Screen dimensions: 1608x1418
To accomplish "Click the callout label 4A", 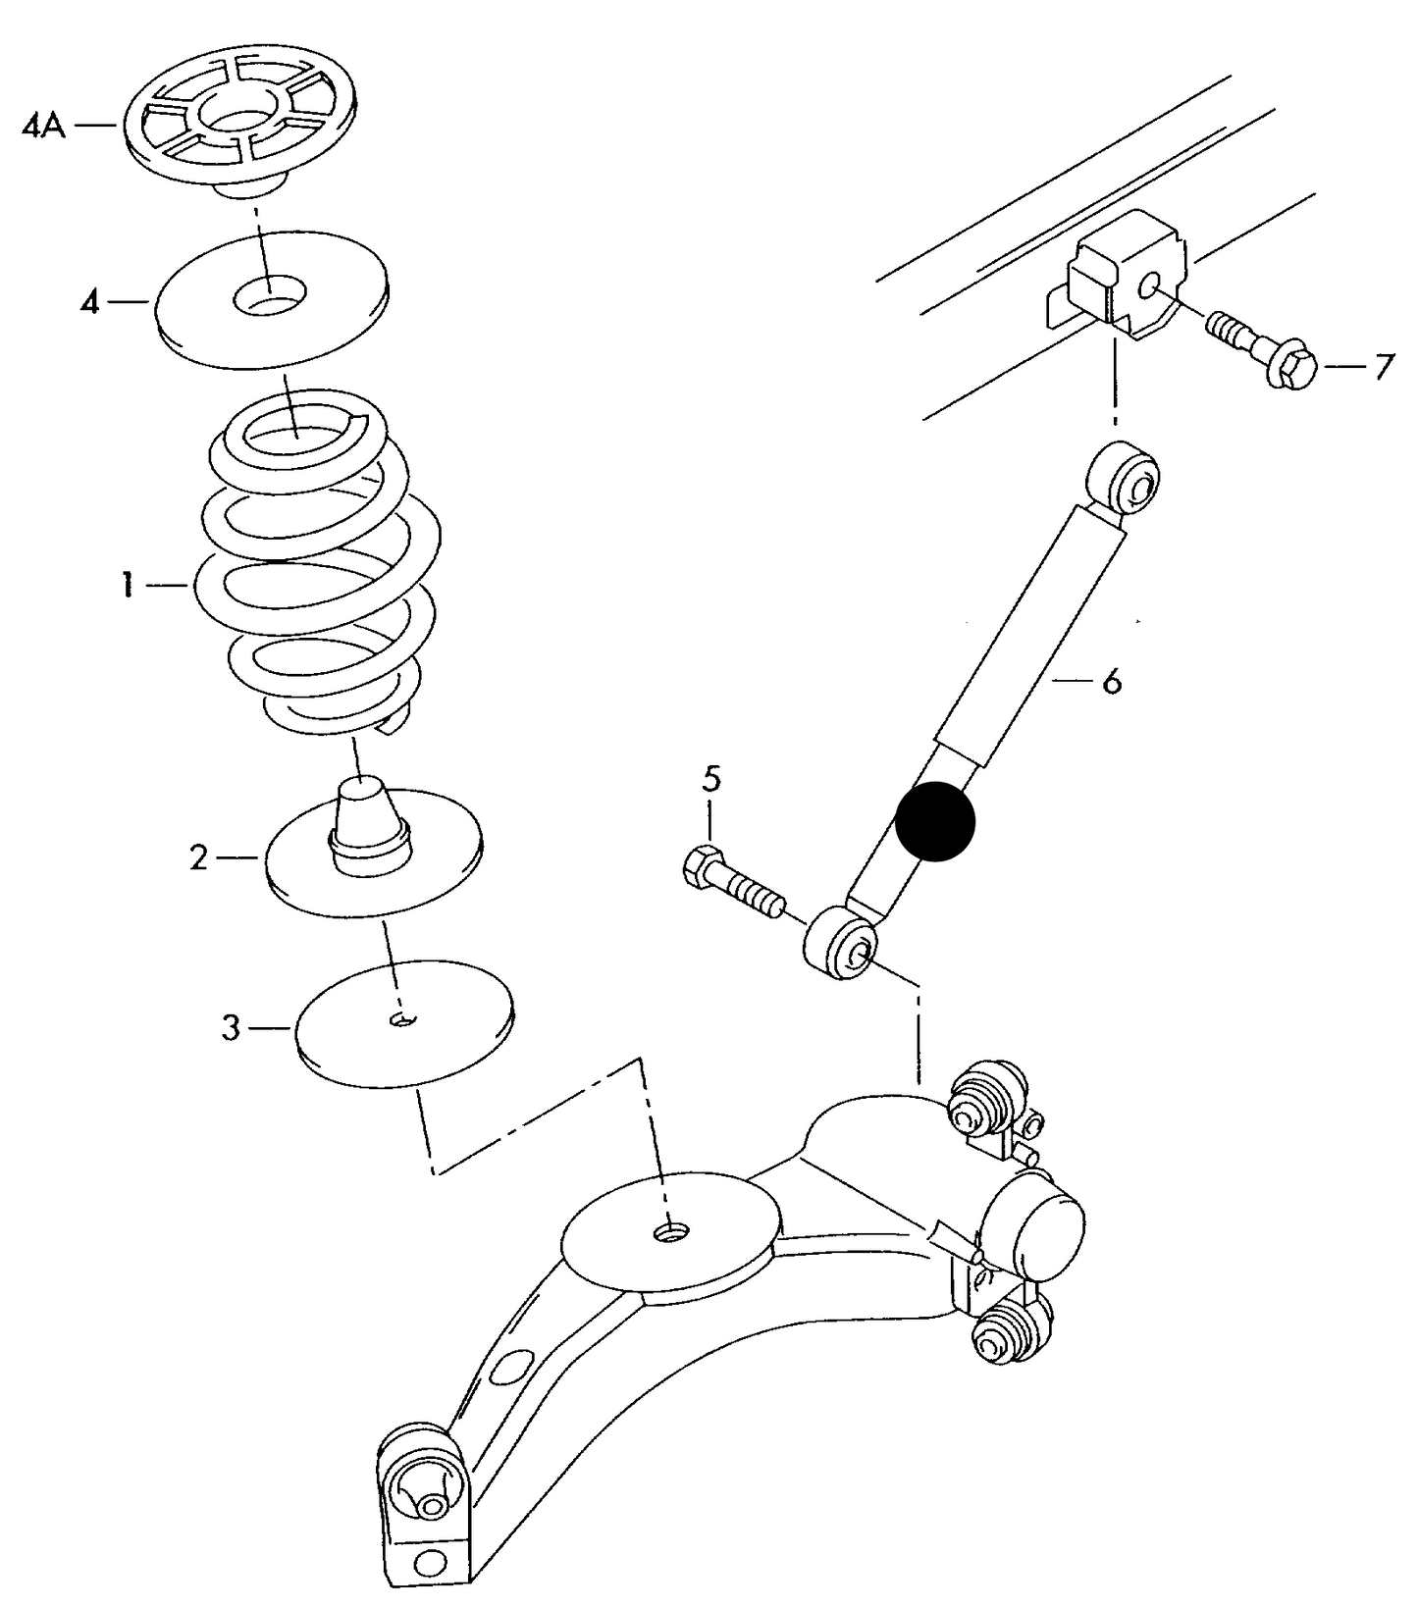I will click(43, 127).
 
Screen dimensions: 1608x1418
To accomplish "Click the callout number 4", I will click(89, 302).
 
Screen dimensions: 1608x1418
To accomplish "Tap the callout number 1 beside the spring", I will click(127, 587).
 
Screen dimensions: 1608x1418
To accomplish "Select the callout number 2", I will click(199, 859).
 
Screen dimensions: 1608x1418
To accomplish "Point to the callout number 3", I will click(230, 1029).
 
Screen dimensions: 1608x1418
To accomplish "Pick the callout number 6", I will click(1111, 680).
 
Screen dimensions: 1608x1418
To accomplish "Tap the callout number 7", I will click(1383, 368).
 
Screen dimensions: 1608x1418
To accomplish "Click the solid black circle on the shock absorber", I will click(935, 822).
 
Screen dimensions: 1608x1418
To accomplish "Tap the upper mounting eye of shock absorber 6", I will click(1129, 478).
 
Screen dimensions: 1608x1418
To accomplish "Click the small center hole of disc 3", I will click(402, 1020).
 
